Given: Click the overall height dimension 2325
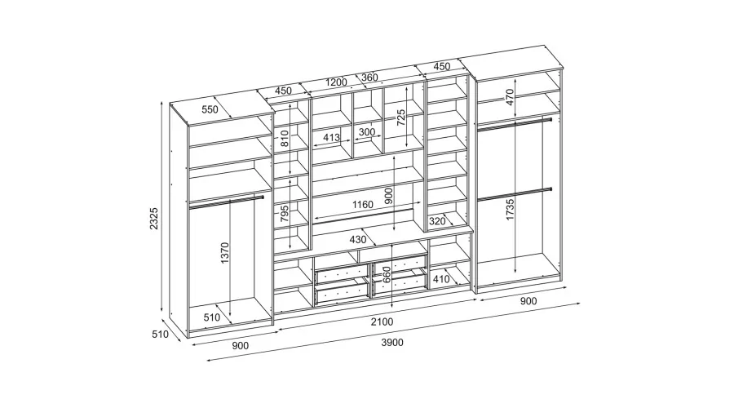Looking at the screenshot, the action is [154, 219].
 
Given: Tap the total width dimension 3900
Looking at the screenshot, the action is [392, 343].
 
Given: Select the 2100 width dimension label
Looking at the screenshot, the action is [382, 322].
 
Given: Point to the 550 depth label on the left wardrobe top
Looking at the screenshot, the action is [210, 109].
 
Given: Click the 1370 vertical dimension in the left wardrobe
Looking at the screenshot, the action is [225, 253].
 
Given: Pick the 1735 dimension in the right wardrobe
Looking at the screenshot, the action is [510, 210].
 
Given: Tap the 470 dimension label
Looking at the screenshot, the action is [510, 97].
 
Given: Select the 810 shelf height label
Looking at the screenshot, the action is [285, 139].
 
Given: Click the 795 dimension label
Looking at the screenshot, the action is [285, 214].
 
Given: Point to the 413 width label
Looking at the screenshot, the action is [331, 138].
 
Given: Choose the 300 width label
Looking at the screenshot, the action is [366, 132].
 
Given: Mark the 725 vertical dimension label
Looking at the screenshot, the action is [401, 118].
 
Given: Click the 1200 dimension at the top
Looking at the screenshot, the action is [336, 82].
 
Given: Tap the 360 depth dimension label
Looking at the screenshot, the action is [369, 78].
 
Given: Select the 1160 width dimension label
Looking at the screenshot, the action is [363, 205].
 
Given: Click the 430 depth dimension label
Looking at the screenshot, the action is [358, 240].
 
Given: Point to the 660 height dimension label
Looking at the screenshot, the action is [387, 275].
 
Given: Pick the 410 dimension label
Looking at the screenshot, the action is [441, 279].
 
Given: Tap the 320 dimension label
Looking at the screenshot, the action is [437, 221].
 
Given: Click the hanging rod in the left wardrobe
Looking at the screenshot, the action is [227, 201].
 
